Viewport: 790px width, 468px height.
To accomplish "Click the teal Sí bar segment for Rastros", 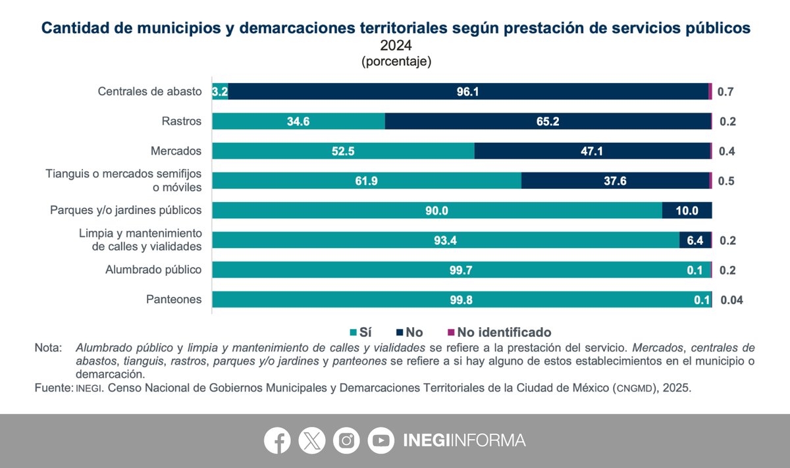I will point(298,121).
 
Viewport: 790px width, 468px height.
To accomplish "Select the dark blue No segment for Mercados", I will point(592,151).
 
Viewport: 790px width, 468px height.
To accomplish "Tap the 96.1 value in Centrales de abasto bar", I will point(467,91).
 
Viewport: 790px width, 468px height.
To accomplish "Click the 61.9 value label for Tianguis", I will point(365,181).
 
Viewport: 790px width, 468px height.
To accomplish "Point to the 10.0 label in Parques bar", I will point(686,211).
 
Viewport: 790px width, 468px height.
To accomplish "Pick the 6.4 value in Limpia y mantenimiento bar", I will point(695,240).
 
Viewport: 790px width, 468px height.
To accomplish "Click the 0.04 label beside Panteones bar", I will point(731,300).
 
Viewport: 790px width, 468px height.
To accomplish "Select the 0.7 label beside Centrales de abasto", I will point(725,91).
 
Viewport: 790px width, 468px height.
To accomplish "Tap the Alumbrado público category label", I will point(153,269).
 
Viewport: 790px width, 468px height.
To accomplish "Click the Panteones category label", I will point(173,299).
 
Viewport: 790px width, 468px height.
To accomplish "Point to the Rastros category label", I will point(181,121).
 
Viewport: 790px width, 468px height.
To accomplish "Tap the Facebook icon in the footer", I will point(277,440).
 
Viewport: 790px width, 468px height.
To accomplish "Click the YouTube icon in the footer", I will point(381,440).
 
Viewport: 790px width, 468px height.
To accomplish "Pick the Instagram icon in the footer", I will point(346,440).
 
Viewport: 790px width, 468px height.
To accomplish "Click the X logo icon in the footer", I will point(311,440).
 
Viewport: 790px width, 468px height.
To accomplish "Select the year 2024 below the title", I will point(396,45).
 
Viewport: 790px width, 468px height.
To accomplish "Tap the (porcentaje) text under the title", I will point(396,62).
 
